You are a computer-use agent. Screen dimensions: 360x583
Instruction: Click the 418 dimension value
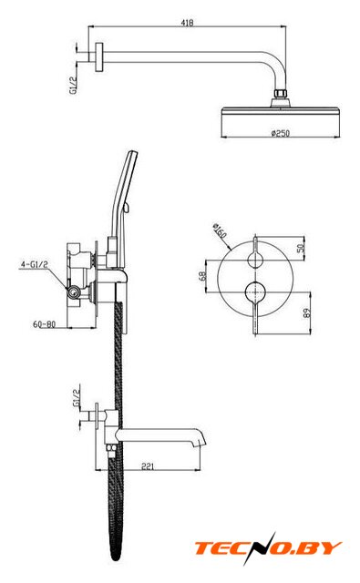coord(187,22)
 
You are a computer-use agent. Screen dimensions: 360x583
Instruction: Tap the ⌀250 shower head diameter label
coord(281,133)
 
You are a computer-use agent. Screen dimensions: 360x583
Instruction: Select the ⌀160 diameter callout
coord(220,230)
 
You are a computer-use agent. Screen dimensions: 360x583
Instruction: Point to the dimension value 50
coord(301,247)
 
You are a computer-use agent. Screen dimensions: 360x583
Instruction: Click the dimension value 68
coord(202,275)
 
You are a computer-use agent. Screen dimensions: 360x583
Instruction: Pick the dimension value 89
coord(307,313)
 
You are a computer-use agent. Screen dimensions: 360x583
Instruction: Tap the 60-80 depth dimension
coord(45,324)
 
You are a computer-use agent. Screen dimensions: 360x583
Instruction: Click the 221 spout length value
coord(148,465)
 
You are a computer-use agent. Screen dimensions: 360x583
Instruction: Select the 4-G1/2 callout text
coord(35,264)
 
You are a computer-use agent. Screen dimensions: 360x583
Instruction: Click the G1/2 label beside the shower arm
coord(74,85)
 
